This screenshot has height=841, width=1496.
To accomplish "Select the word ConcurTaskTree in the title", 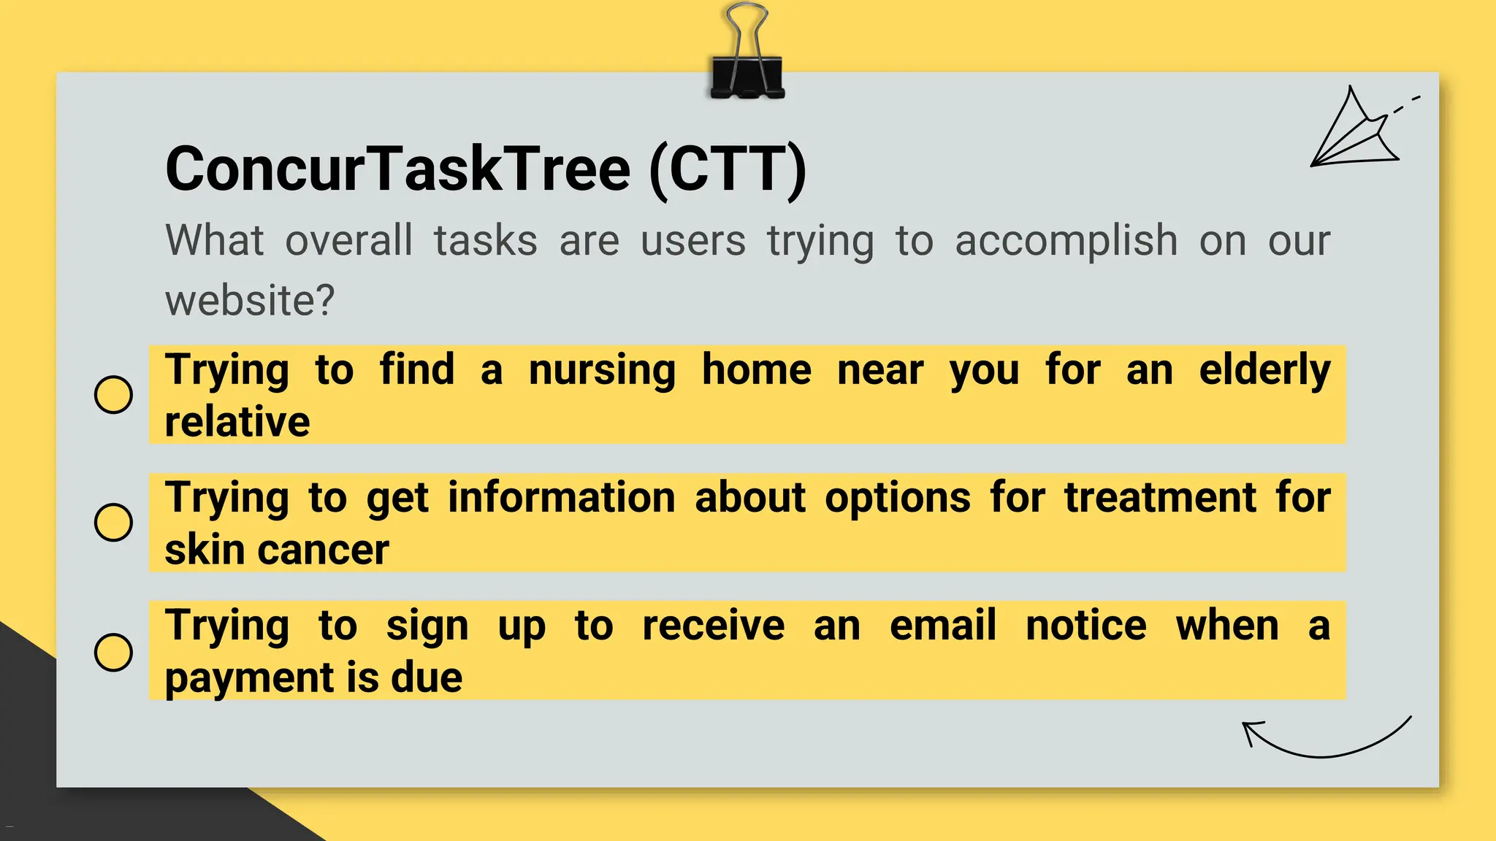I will pos(397,169).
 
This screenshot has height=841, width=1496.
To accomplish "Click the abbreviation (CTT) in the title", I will pos(728,169).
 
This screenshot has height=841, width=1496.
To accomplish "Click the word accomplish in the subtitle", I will pos(1066,241).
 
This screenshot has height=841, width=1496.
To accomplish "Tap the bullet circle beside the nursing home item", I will pos(114,395).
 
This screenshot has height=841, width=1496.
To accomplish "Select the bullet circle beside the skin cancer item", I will pos(114,523).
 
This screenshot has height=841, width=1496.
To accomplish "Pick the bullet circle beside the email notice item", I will pos(114,651).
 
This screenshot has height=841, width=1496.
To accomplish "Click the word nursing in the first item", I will pos(602,371).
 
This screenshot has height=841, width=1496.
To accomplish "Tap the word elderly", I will pos(1264,371).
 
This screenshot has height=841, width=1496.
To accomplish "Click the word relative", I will pos(237,422).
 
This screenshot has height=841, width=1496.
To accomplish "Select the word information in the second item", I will pos(561,498).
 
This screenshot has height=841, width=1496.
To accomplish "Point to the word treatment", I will pos(1160,498).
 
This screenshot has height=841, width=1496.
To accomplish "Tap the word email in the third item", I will pos(942,626).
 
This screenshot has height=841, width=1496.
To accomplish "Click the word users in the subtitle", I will pos(692,241).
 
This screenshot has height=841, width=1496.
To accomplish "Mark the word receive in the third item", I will pos(713,626).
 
